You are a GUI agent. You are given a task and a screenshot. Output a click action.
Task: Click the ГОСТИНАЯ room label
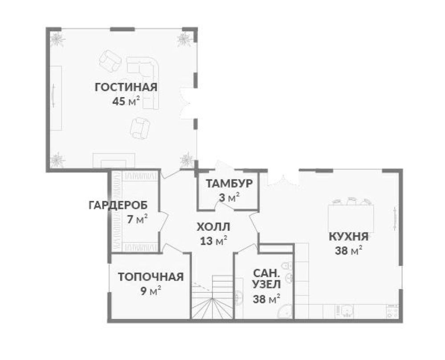(x=126, y=87)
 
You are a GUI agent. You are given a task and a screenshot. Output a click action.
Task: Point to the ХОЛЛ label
(x=214, y=228)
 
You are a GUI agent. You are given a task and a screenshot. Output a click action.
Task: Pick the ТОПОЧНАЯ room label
(x=151, y=277)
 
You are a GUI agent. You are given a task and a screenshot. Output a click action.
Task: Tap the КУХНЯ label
(x=348, y=237)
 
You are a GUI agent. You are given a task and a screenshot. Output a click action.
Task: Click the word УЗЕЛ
(x=267, y=284)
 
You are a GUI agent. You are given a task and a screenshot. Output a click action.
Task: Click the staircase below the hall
(x=212, y=299)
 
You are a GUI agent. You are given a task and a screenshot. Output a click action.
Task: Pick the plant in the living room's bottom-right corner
(x=186, y=159)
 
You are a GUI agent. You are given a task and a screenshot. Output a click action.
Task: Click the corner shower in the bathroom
(x=285, y=312)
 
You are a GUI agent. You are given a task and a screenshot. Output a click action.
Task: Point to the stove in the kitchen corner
(x=392, y=311)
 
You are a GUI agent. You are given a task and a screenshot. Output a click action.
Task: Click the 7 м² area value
(x=137, y=220)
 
